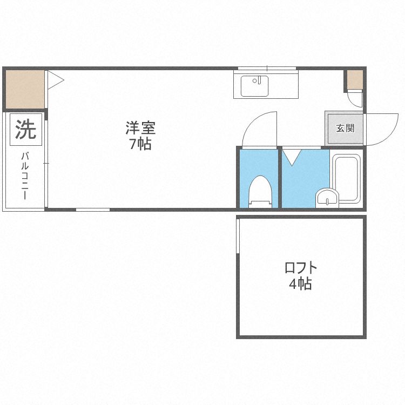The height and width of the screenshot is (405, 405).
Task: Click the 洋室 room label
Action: click(140, 129)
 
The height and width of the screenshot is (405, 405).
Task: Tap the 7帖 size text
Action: click(140, 144)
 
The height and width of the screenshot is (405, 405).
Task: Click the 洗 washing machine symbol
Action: click(25, 130)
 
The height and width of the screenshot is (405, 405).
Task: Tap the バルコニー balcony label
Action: click(25, 176)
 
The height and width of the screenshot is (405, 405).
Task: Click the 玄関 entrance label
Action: click(345, 129)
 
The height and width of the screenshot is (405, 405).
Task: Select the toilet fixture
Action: click(260, 191)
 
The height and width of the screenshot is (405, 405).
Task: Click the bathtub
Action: click(346, 179)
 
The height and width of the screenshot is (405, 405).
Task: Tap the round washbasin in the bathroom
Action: click(327, 198)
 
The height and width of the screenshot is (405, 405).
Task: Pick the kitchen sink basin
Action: click(254, 86)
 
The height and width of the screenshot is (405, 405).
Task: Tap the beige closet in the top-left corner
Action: click(25, 89)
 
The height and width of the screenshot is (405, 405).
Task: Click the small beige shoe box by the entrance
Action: click(355, 80)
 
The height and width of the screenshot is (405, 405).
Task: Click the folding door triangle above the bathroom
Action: click(292, 156)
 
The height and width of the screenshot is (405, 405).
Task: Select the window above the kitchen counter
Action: click(267, 68)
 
